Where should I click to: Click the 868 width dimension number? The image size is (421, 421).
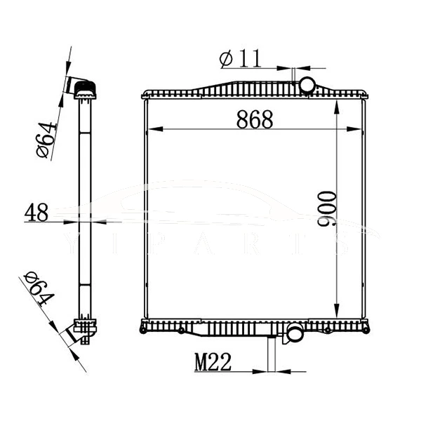click(x=253, y=120)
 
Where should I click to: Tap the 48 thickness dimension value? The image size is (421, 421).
click(x=36, y=212)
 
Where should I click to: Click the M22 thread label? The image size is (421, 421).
click(x=213, y=361)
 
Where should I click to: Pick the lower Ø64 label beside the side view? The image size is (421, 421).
click(x=39, y=288)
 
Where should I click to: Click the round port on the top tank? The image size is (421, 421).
click(x=307, y=86)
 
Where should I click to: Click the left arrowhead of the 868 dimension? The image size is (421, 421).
click(x=147, y=129)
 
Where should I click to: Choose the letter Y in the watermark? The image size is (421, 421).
click(x=71, y=242)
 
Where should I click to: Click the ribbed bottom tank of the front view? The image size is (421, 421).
click(x=210, y=326)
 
